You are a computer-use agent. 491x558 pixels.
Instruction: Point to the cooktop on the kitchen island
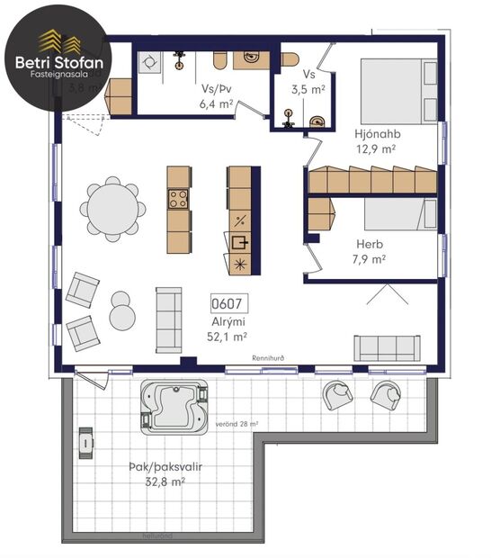(x=179, y=199)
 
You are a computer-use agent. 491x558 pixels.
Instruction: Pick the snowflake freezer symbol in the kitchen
(x=239, y=264)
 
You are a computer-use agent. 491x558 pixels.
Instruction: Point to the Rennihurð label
(x=268, y=358)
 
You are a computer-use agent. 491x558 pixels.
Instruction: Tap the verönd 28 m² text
(x=237, y=423)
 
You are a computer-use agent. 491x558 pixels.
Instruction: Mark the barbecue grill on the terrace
(x=85, y=439)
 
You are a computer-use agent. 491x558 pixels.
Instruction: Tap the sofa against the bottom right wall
(x=387, y=346)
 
